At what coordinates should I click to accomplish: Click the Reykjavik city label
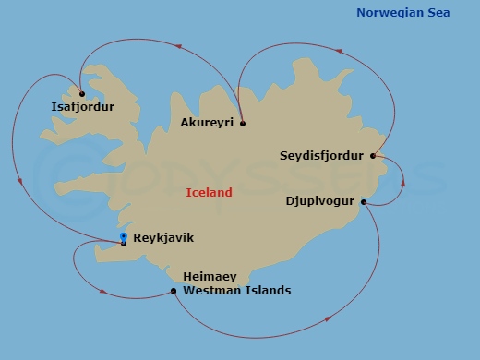pos(163,238)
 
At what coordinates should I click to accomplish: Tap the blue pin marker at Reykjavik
pos(124,237)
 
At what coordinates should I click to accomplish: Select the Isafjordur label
pos(83,107)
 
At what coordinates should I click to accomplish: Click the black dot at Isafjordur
pos(82,93)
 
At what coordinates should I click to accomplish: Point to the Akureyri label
pos(208,123)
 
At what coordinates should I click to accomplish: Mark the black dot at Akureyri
pos(242,123)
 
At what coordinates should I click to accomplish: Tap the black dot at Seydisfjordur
pos(373,156)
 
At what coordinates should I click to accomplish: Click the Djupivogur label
pos(320,199)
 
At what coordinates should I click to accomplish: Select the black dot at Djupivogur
pos(364,202)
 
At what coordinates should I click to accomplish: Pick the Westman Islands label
pos(237,291)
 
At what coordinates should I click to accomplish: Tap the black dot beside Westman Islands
pos(174,292)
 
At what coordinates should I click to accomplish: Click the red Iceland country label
pos(209,193)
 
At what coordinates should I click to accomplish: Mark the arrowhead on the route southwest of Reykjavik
pos(102,294)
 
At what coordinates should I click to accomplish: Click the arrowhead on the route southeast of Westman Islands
pos(329,320)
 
